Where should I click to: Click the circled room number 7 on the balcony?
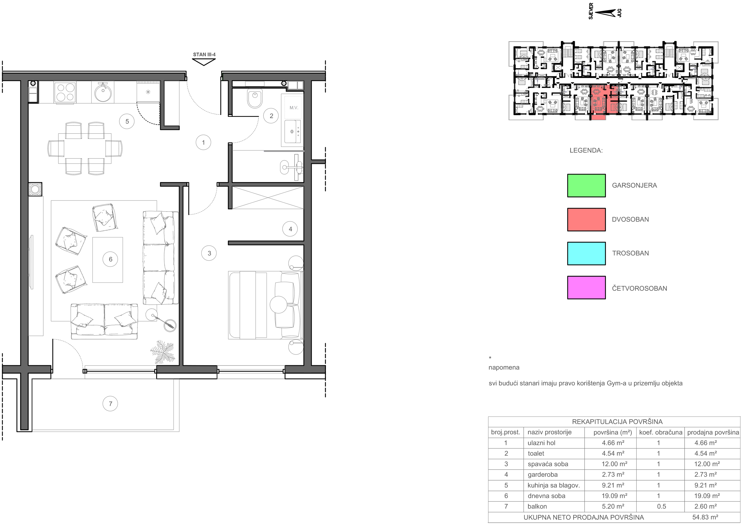pyautogui.click(x=110, y=404)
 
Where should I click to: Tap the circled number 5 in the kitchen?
pyautogui.click(x=127, y=121)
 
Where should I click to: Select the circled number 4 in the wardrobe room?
pyautogui.click(x=290, y=229)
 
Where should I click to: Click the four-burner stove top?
pyautogui.click(x=65, y=92)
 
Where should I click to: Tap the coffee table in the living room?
pyautogui.click(x=107, y=260)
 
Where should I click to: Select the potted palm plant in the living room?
pyautogui.click(x=162, y=352)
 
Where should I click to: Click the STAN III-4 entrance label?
pyautogui.click(x=204, y=55)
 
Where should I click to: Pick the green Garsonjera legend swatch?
pyautogui.click(x=586, y=186)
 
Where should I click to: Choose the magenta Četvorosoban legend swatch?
pyautogui.click(x=586, y=288)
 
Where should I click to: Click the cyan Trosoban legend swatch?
pyautogui.click(x=586, y=253)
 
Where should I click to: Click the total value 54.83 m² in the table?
pyautogui.click(x=705, y=517)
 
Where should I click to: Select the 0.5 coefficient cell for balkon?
pyautogui.click(x=661, y=507)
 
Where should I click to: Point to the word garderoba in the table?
pyautogui.click(x=543, y=475)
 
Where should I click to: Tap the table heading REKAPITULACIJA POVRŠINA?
pyautogui.click(x=617, y=422)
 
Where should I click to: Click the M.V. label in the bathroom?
pyautogui.click(x=294, y=108)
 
